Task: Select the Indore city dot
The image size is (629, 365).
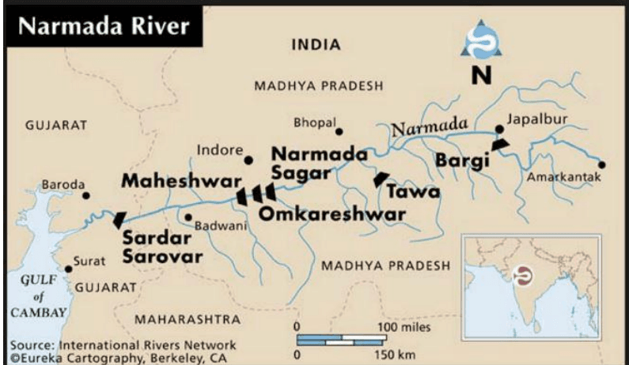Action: click(x=248, y=160)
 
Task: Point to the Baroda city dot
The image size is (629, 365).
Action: click(x=86, y=195)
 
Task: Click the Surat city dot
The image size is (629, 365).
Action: click(x=69, y=269)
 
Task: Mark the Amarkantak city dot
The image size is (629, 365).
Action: click(x=602, y=165)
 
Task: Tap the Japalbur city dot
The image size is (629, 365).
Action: click(x=499, y=129)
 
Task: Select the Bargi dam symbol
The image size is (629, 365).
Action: click(x=501, y=144)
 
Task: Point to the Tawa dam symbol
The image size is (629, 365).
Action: click(x=381, y=179)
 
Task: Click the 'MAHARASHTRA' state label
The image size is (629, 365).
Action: click(x=187, y=319)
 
